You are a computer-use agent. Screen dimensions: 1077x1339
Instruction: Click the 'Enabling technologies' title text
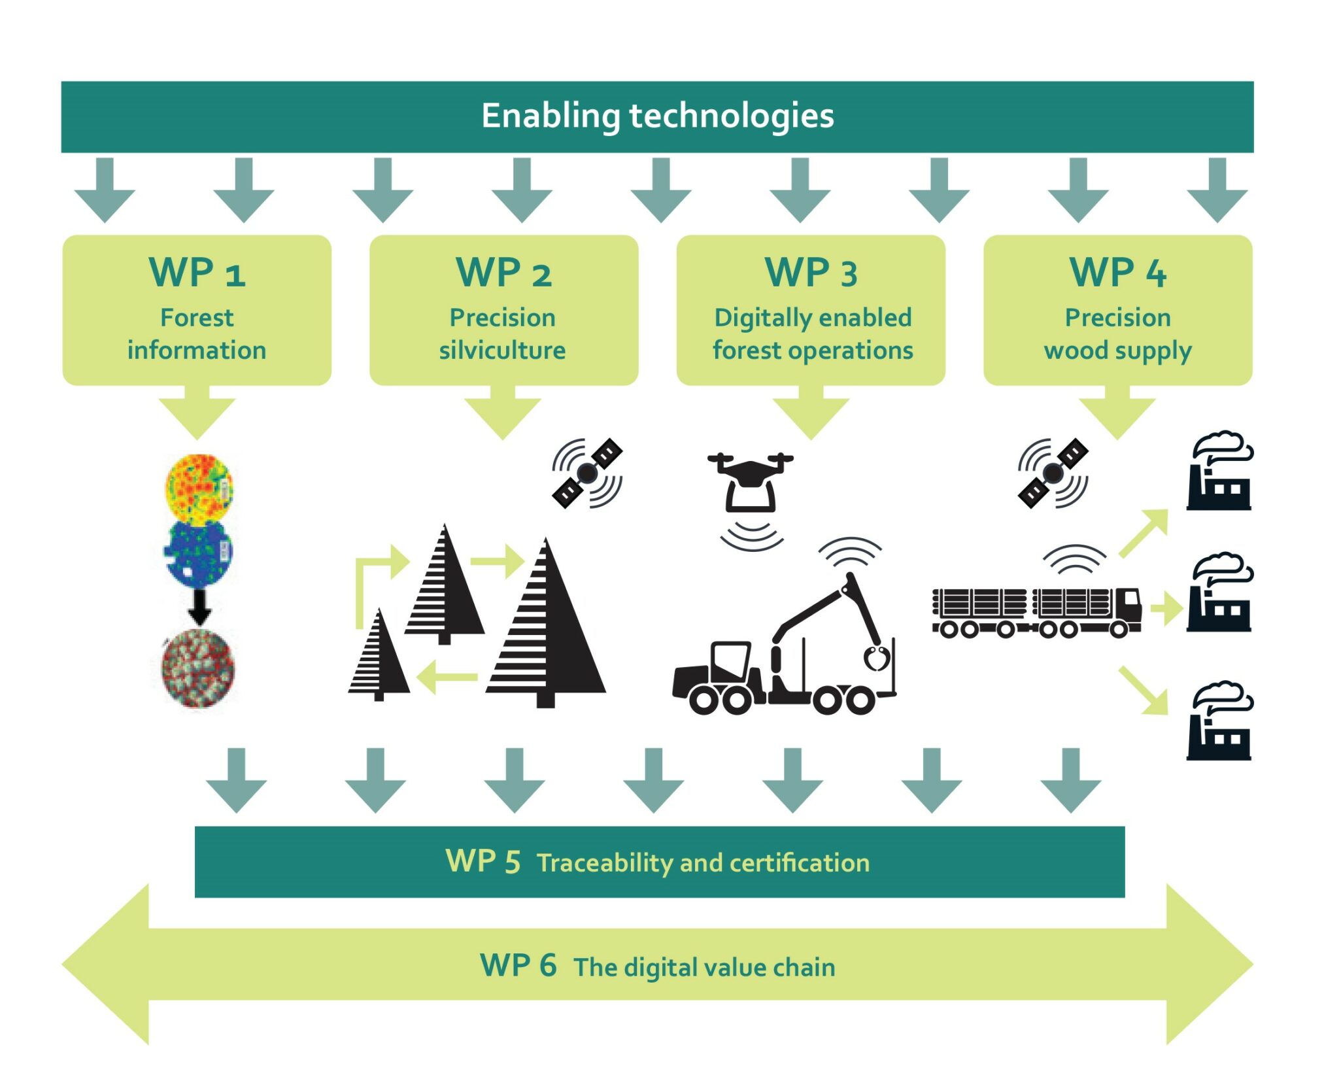click(x=657, y=116)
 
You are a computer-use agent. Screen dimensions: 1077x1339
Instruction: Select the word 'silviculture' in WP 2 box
click(x=502, y=350)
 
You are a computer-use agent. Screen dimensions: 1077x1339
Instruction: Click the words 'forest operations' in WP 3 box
click(x=812, y=350)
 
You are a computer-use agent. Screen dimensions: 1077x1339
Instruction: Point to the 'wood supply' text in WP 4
click(x=1117, y=350)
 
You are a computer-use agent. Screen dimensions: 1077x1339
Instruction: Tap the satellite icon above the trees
click(x=587, y=473)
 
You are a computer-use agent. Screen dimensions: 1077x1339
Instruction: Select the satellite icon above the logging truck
click(x=1053, y=473)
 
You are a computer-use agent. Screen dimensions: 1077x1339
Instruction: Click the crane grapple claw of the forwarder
click(x=877, y=657)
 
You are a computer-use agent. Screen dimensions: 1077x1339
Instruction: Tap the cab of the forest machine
click(x=729, y=660)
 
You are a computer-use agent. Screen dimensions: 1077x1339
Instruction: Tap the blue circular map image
click(x=198, y=553)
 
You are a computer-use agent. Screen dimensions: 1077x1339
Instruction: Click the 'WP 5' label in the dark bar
click(x=483, y=862)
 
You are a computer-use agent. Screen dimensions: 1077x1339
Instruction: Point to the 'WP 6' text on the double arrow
click(x=518, y=966)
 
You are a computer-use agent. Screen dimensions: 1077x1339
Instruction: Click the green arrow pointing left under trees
click(x=446, y=677)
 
